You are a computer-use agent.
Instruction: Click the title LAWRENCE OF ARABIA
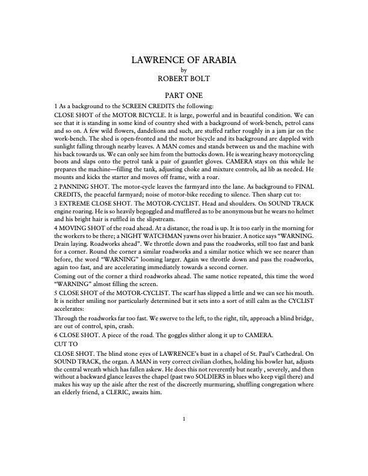184,60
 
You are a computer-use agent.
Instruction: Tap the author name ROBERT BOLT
184,78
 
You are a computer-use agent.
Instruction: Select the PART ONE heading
184,95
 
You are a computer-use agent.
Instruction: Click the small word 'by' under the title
184,70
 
